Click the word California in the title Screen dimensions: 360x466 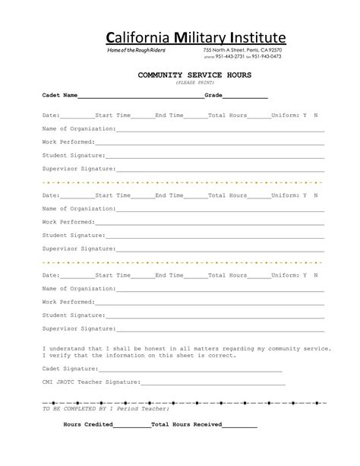[131, 37]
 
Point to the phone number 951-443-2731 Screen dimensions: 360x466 [230, 56]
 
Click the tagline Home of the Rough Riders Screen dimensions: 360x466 [135, 49]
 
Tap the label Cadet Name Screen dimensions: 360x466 [60, 97]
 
